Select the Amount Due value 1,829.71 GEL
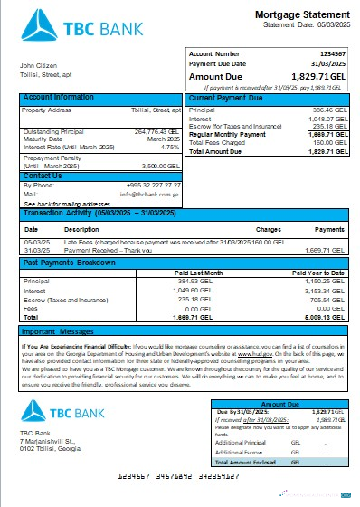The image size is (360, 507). tap(316, 78)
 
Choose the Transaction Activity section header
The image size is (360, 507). tap(95, 214)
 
